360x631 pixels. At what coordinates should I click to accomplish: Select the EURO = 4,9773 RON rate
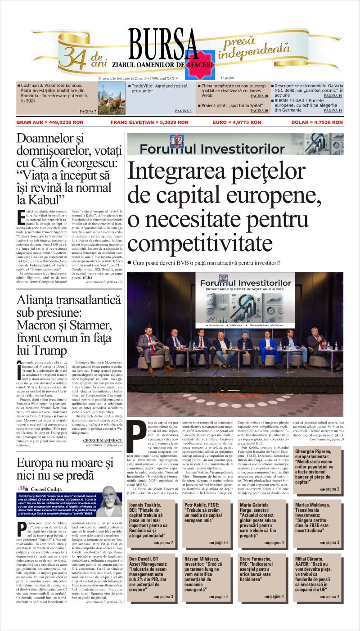[x=236, y=122]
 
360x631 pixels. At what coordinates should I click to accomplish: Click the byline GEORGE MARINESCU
[x=102, y=440]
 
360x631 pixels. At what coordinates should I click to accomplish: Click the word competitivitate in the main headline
[x=198, y=243]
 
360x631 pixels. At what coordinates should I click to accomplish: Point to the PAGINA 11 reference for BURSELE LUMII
[x=333, y=110]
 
